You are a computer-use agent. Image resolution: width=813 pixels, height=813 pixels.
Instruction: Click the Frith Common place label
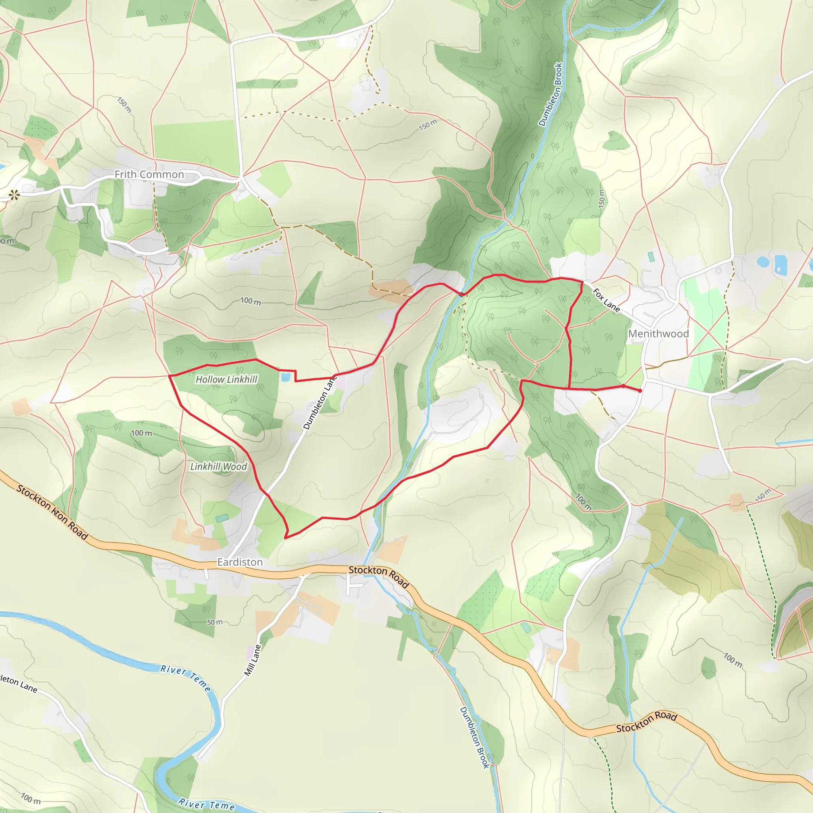click(149, 174)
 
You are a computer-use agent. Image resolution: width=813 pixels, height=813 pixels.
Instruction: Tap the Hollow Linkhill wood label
click(226, 380)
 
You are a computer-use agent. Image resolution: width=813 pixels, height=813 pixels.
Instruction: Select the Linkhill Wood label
click(218, 466)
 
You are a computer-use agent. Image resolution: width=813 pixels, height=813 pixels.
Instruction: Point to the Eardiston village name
click(240, 562)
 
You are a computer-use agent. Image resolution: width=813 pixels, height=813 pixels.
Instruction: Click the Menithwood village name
click(658, 334)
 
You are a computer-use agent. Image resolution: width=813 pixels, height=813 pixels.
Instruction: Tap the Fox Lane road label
click(606, 300)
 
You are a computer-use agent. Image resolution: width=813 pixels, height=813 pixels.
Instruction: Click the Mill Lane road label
click(253, 660)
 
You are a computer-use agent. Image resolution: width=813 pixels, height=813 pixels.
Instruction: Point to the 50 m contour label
click(215, 622)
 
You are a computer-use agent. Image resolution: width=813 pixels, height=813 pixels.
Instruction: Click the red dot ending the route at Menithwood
click(640, 391)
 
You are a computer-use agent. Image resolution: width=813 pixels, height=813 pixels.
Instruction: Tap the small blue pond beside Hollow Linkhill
click(286, 377)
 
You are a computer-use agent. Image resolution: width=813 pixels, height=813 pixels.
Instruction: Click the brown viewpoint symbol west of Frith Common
click(14, 195)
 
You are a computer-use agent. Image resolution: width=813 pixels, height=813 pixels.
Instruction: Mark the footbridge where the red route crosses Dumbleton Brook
click(462, 294)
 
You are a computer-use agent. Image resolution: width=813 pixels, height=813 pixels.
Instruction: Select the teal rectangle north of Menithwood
click(651, 257)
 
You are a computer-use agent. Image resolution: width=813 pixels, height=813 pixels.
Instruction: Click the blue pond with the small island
click(780, 264)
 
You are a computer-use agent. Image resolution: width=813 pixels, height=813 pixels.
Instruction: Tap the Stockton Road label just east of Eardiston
click(379, 576)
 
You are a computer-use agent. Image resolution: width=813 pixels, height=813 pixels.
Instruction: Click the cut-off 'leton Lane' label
click(19, 684)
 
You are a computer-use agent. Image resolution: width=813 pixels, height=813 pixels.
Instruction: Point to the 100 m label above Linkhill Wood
click(141, 433)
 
